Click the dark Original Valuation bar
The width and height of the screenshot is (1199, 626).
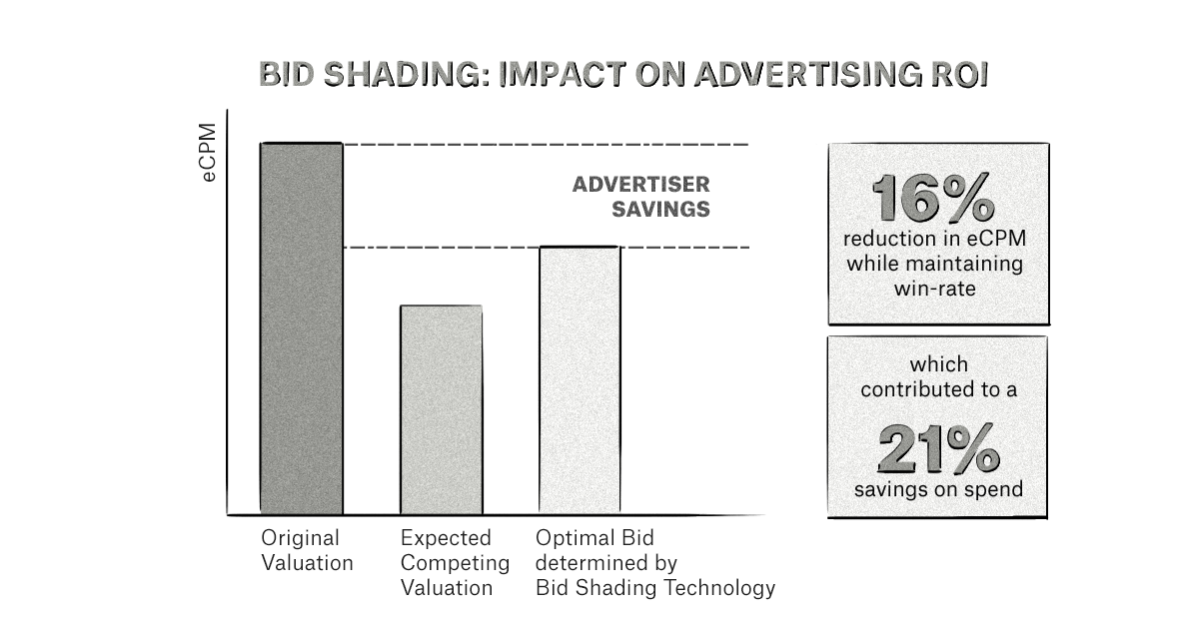[x=302, y=328]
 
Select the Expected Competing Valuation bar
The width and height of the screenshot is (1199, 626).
[x=441, y=409]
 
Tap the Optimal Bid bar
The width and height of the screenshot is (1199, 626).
[x=580, y=379]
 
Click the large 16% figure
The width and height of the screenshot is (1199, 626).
[x=932, y=198]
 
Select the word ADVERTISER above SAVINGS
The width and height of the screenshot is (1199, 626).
[x=640, y=184]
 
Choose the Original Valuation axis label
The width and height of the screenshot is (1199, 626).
[x=307, y=550]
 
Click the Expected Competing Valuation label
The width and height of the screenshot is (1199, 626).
[x=455, y=562]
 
